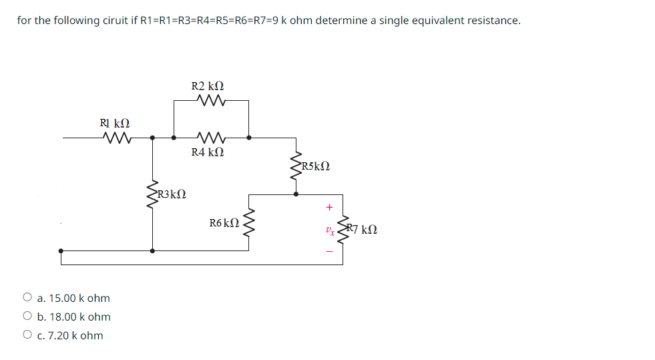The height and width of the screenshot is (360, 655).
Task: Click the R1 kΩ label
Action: click(x=115, y=124)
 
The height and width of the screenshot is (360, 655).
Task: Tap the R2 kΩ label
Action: click(x=208, y=87)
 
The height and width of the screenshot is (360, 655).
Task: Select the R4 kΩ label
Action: click(x=208, y=152)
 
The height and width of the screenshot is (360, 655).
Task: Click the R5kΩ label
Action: click(x=315, y=166)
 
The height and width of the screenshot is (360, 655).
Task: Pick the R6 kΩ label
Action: click(x=224, y=222)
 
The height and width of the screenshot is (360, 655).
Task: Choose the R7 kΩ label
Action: click(x=361, y=229)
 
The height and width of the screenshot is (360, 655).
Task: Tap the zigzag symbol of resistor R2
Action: click(x=212, y=102)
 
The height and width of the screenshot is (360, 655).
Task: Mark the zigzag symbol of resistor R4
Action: click(x=212, y=138)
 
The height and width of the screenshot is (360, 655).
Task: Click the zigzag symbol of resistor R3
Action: click(x=153, y=194)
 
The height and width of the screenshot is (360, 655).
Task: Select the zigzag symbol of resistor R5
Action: click(x=296, y=167)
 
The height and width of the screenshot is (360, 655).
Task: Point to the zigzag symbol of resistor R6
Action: click(x=250, y=222)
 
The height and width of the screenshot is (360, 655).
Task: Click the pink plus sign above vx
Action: click(x=329, y=208)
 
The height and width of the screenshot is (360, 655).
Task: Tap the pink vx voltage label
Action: click(x=329, y=230)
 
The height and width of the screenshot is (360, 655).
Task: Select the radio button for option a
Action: click(x=27, y=298)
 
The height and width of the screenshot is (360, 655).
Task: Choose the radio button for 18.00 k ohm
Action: click(x=27, y=317)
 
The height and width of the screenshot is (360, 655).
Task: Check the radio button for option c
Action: click(x=27, y=335)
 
